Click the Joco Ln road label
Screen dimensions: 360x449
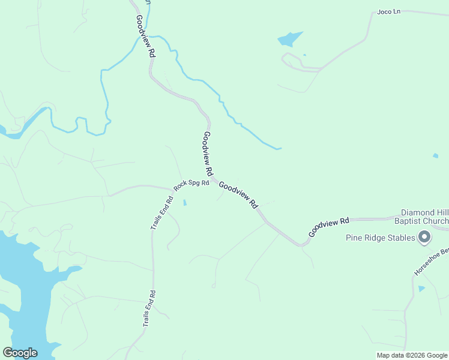(389, 11)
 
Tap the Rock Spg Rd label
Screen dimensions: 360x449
(191, 185)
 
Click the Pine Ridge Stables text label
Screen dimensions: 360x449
(381, 238)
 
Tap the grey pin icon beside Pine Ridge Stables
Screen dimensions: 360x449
(424, 238)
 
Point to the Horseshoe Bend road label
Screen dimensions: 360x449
(431, 263)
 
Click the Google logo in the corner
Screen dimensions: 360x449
(20, 353)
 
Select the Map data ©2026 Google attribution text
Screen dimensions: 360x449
(412, 355)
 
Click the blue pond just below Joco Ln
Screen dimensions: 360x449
(289, 40)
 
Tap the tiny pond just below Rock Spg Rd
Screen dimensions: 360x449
(185, 203)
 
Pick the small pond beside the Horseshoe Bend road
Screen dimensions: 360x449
(421, 289)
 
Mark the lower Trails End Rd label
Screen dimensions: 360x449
(149, 308)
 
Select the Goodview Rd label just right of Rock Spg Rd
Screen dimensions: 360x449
(238, 195)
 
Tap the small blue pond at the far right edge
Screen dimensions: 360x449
(435, 156)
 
